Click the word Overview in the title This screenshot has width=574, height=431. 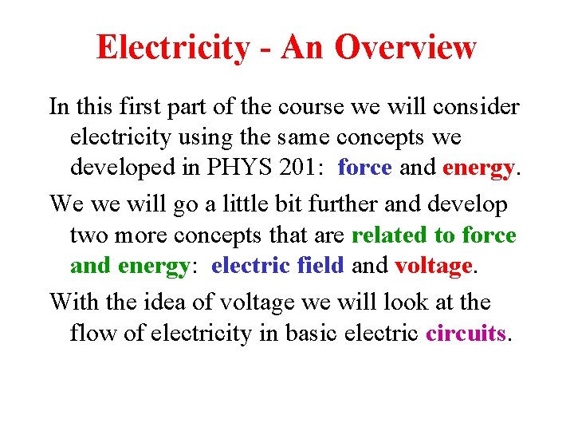[406, 48]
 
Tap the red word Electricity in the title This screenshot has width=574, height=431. [172, 48]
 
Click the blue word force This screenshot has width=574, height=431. [365, 168]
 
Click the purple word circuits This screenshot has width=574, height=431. [466, 333]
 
